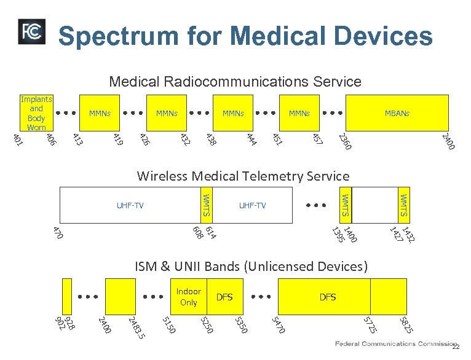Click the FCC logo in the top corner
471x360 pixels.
tap(31, 31)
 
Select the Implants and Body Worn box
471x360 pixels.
tap(36, 113)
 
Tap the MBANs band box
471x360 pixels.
tap(397, 113)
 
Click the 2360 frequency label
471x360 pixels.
tap(346, 143)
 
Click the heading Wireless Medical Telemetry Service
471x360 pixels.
tap(243, 177)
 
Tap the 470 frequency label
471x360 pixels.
tap(58, 233)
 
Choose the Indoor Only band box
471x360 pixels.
tap(188, 297)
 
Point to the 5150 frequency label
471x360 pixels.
tap(168, 325)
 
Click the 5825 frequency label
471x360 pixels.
tap(405, 325)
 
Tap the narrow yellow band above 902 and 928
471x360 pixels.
tap(66, 296)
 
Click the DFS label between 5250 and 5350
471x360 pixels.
tap(224, 297)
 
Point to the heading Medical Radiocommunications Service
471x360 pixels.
tap(235, 81)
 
